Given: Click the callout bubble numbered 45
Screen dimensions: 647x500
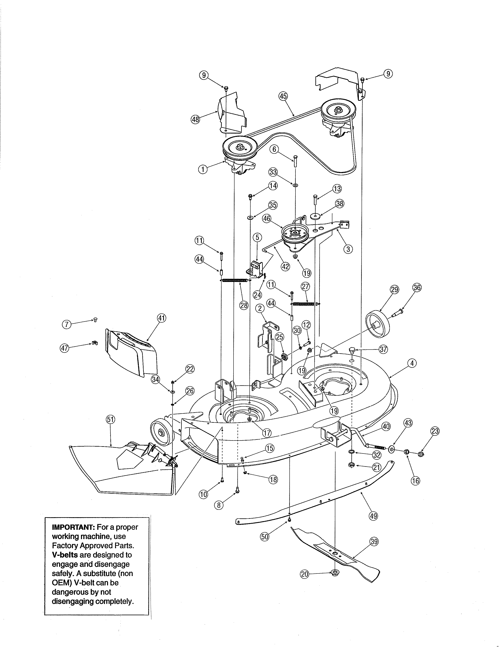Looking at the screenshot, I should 283,96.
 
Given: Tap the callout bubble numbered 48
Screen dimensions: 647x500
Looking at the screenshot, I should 195,120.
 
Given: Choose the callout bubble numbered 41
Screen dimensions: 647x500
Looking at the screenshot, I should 161,318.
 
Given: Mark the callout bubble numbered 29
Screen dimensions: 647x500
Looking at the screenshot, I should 395,289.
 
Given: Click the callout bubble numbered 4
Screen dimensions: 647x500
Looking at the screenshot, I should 412,363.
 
